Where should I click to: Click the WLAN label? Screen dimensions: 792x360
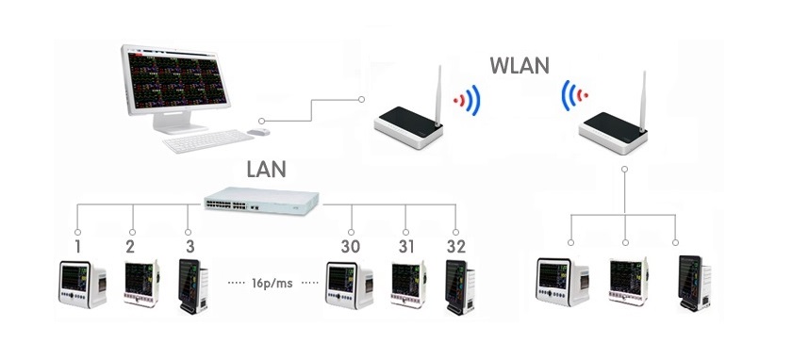pos(520,66)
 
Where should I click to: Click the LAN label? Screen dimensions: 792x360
pos(266,169)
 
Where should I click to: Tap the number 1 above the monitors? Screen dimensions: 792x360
pos(77,247)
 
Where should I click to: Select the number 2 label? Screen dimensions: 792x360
pos(130,247)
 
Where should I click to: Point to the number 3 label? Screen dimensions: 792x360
pos(190,247)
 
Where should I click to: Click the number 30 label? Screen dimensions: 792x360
pos(350,247)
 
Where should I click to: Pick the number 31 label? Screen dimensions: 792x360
pos(405,247)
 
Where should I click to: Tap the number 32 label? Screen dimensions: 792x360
pos(456,247)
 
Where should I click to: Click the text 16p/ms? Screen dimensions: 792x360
pos(272,284)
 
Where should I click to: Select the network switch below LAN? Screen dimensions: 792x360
pos(262,201)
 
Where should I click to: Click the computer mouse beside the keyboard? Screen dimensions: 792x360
pos(258,132)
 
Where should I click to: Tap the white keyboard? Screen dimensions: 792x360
pos(208,140)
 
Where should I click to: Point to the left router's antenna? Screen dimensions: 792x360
pos(438,96)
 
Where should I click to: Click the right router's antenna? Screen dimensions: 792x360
pos(642,102)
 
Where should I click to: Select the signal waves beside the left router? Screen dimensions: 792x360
pos(468,100)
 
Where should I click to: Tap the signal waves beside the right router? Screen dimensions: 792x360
pos(574,95)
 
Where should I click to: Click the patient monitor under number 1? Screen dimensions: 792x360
pos(83,285)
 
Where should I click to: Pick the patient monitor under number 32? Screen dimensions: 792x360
pos(460,286)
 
